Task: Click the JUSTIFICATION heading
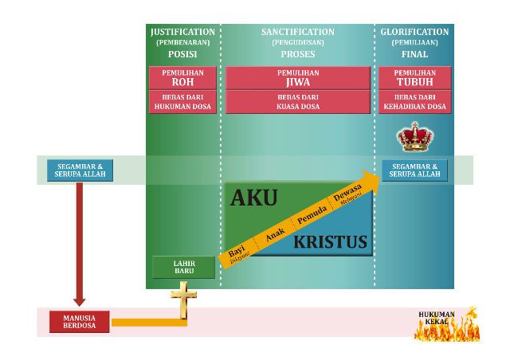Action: [x=182, y=32]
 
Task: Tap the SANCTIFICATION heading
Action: [x=298, y=32]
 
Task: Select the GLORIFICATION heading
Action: [x=414, y=32]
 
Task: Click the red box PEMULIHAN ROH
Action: [x=182, y=77]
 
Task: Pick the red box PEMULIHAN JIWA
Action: [x=298, y=77]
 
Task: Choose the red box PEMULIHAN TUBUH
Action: [x=414, y=77]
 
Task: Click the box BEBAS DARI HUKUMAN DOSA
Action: [x=182, y=101]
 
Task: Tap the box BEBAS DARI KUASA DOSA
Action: [x=298, y=101]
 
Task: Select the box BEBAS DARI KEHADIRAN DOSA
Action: [x=414, y=101]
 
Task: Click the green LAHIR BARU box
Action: [x=184, y=267]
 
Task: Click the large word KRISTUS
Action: [x=331, y=241]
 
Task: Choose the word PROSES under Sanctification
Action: [x=298, y=55]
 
